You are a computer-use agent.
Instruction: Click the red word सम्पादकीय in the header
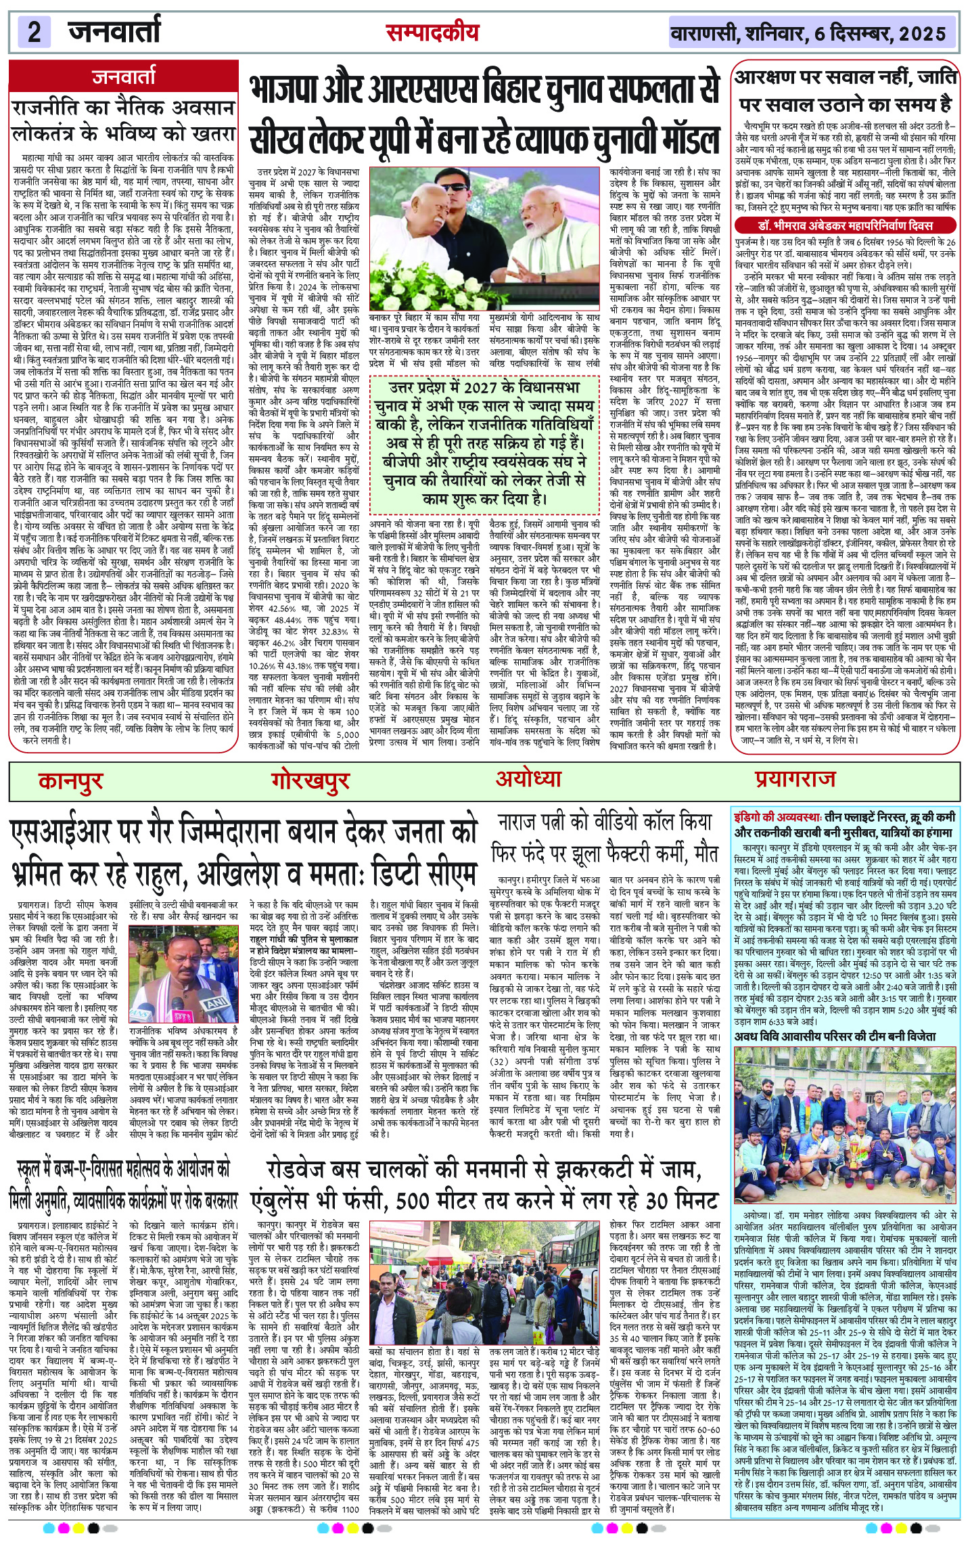[x=432, y=32]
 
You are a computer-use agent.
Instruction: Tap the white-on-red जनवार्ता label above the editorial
[x=124, y=77]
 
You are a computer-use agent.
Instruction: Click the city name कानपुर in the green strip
[x=70, y=780]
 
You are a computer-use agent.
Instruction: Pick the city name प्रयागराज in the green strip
[x=795, y=778]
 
